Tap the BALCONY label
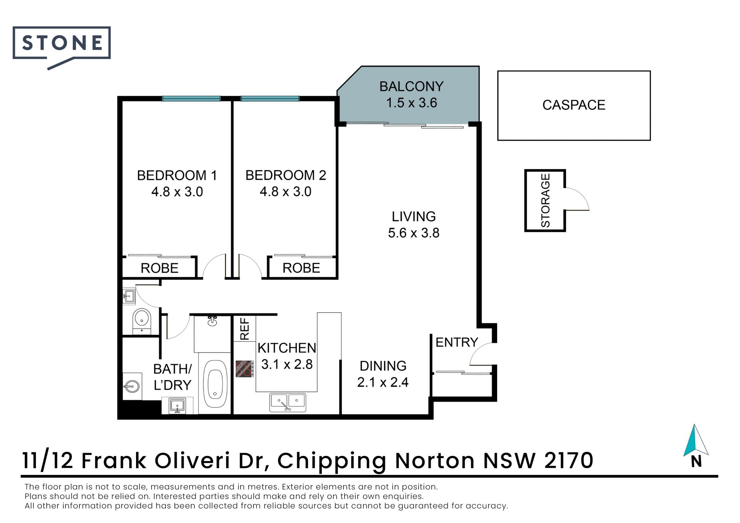[411, 86]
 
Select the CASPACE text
[574, 105]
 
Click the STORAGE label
[545, 200]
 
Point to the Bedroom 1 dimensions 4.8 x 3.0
[177, 192]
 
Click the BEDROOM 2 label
[286, 175]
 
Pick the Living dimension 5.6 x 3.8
[414, 233]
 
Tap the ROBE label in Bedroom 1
[160, 268]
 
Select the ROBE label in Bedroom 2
[301, 268]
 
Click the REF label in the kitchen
[245, 329]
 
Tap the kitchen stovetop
[245, 369]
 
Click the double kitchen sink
[288, 402]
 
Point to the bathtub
[215, 384]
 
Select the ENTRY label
[457, 342]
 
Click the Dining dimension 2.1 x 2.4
[383, 382]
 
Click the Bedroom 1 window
[191, 99]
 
